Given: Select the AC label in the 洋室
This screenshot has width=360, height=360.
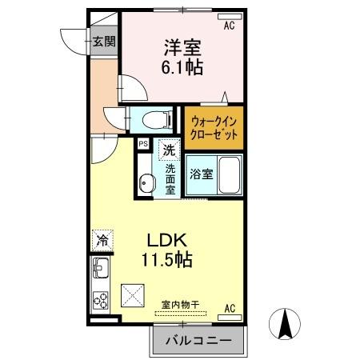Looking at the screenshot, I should (x=230, y=26).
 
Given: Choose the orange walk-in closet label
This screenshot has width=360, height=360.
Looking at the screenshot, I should (x=214, y=127).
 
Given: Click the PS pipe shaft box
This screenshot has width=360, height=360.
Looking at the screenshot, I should (x=143, y=144).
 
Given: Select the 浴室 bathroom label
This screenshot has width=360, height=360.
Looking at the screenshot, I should (x=201, y=174).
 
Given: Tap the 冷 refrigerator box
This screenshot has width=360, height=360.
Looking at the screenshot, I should (x=102, y=239).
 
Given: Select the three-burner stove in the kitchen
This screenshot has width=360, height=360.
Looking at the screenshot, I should (x=102, y=301).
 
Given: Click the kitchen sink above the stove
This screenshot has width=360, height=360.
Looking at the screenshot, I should (x=102, y=270).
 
